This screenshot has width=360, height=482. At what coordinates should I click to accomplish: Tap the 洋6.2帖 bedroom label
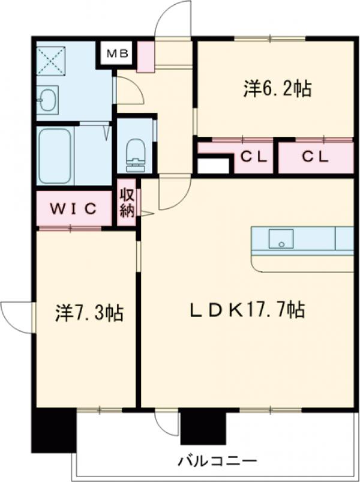point(277,89)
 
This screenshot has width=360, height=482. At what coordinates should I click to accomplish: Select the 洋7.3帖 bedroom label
point(90,313)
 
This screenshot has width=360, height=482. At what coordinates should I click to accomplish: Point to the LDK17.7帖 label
point(247,310)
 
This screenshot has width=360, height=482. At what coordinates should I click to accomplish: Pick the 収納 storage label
point(126,203)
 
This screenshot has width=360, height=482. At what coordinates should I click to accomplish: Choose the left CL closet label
point(254,157)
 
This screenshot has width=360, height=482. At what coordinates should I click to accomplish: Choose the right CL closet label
point(315,157)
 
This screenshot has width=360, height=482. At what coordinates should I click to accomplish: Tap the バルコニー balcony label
point(217,462)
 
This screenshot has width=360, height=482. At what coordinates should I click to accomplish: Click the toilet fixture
point(136,151)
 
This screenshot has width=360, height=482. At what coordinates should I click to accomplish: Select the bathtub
point(55,156)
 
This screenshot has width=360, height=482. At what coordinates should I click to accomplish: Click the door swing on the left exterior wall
point(17,316)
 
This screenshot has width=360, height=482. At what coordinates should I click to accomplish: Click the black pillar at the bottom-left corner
point(53,429)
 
